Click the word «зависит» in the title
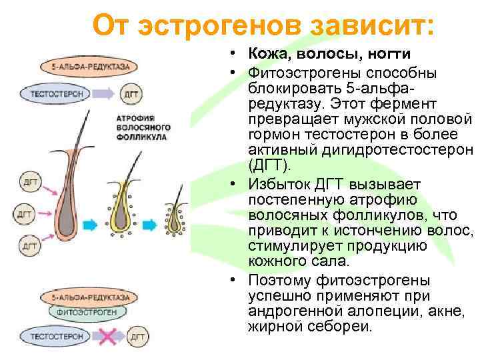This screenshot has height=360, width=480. coord(371,26)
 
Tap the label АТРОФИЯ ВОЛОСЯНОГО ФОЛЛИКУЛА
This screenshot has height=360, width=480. coord(143,127)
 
